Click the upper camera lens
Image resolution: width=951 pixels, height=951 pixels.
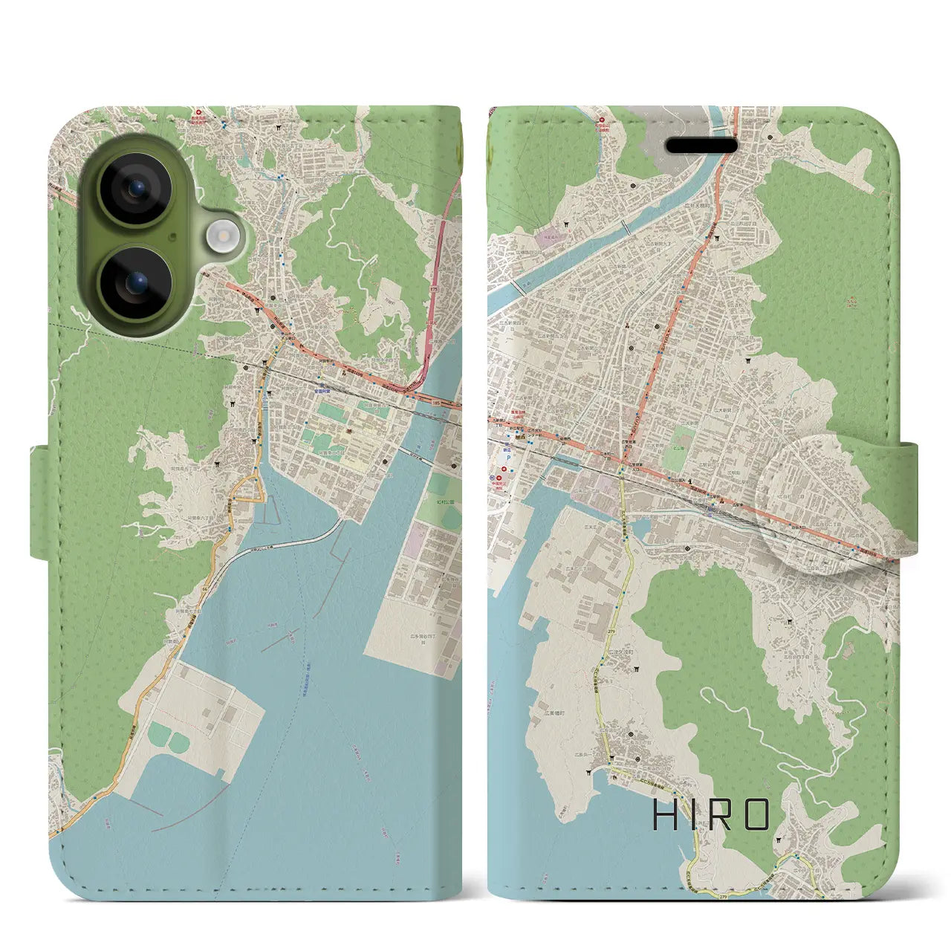click(x=136, y=188)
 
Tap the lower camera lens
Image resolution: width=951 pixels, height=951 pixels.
click(x=136, y=283)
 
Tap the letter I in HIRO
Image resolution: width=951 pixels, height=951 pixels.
click(x=690, y=815)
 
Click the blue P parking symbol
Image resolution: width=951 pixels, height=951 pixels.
click(x=508, y=458)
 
